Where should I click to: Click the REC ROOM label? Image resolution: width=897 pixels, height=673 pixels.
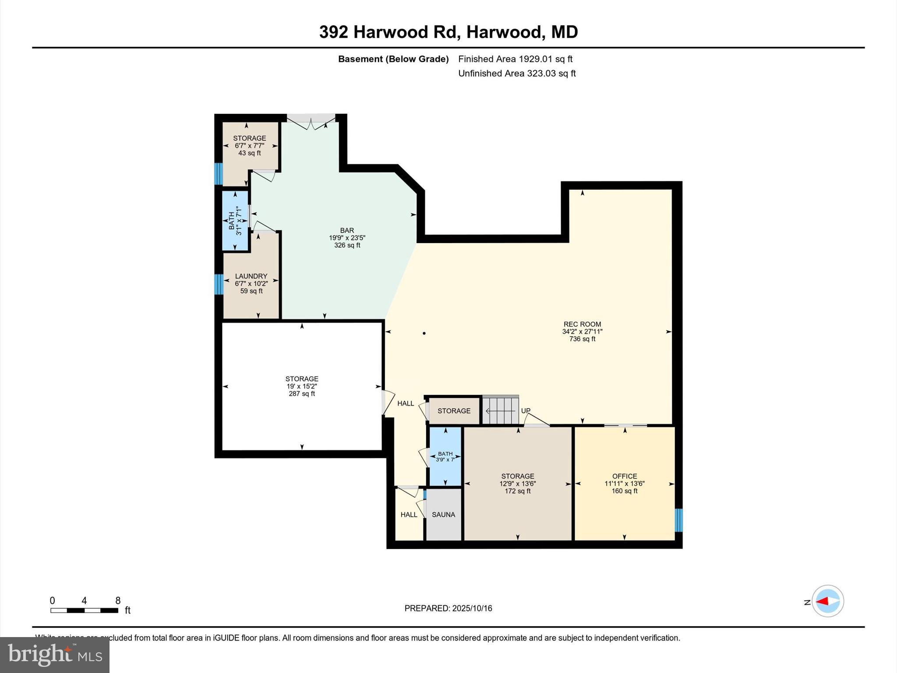pyautogui.click(x=582, y=325)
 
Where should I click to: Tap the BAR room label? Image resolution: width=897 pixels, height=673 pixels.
pyautogui.click(x=347, y=230)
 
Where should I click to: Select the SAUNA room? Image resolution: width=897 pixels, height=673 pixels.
pyautogui.click(x=443, y=514)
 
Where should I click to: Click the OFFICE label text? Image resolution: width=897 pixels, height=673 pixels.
pyautogui.click(x=625, y=476)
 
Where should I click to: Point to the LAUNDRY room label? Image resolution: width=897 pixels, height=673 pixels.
pyautogui.click(x=251, y=276)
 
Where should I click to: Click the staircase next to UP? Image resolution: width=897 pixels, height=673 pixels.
pyautogui.click(x=500, y=410)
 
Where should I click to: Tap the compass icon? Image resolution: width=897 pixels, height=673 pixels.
pyautogui.click(x=827, y=601)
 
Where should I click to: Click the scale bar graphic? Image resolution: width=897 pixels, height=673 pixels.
pyautogui.click(x=84, y=610)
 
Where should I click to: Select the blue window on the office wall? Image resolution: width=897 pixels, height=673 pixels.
pyautogui.click(x=678, y=520)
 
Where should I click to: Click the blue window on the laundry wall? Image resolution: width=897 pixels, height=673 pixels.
pyautogui.click(x=218, y=284)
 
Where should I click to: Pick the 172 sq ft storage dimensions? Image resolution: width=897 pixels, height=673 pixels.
pyautogui.click(x=518, y=484)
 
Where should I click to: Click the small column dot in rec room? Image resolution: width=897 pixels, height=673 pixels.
pyautogui.click(x=424, y=333)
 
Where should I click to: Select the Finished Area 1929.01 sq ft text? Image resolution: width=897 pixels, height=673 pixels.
pyautogui.click(x=515, y=59)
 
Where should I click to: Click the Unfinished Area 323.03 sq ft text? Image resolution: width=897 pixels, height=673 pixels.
pyautogui.click(x=517, y=74)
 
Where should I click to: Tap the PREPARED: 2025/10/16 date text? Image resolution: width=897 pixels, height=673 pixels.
pyautogui.click(x=448, y=608)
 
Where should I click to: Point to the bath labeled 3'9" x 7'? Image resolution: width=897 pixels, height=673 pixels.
pyautogui.click(x=445, y=457)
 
